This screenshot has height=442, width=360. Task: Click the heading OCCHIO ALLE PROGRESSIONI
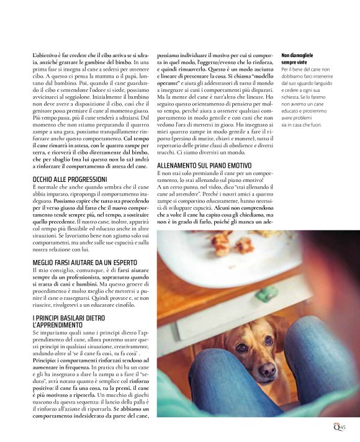[69, 179]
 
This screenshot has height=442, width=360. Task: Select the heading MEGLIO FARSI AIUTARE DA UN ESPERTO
[88, 263]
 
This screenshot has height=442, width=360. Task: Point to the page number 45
[350, 426]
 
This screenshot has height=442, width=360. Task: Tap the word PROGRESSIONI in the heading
[88, 179]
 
